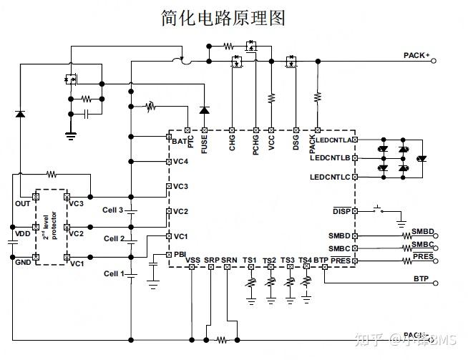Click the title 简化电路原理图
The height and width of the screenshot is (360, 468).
(x=223, y=18)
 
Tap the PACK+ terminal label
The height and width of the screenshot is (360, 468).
(x=416, y=55)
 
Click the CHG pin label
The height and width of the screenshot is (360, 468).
(x=233, y=143)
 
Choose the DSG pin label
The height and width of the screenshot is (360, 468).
(x=296, y=143)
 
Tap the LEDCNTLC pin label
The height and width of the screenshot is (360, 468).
(x=330, y=177)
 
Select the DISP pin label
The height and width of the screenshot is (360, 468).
(x=341, y=211)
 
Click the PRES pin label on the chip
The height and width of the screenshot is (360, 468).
(x=341, y=261)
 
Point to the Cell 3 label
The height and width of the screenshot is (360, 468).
(x=113, y=210)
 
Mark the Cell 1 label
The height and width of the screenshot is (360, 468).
(x=113, y=273)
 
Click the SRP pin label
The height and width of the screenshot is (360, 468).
(x=211, y=260)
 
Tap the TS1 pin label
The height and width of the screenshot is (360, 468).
(x=249, y=260)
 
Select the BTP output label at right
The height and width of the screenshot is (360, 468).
(x=421, y=278)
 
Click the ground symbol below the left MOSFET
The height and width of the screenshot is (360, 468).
(x=71, y=134)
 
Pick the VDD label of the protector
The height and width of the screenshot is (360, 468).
(x=23, y=233)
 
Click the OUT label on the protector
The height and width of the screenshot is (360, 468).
(x=23, y=204)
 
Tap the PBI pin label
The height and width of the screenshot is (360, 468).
(x=180, y=254)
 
